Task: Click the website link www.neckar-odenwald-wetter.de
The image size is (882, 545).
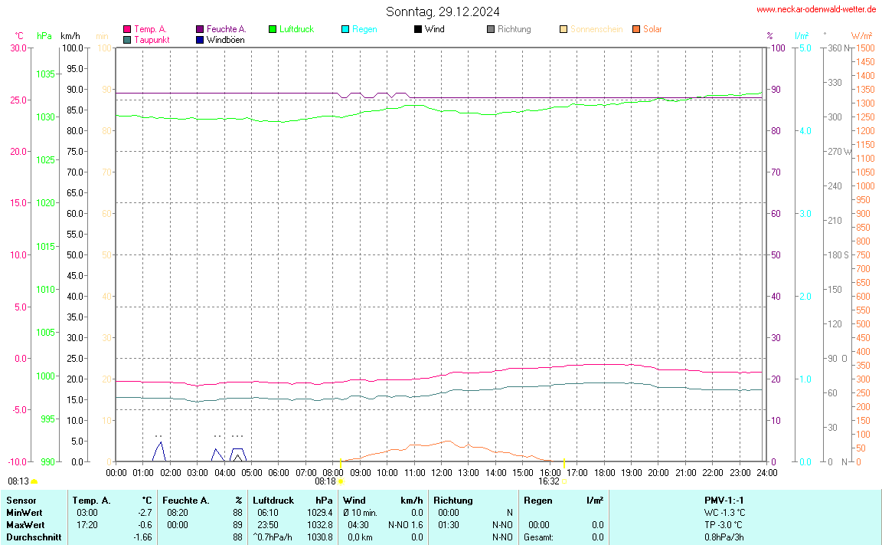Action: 816,9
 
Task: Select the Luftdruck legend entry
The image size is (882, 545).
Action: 296,29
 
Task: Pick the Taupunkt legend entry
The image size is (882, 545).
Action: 151,40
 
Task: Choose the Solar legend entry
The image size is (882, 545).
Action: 652,29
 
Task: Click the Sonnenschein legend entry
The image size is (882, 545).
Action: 596,29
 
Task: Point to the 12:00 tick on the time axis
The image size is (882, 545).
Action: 441,472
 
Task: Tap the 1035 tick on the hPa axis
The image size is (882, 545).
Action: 46,74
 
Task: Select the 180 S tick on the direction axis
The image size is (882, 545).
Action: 840,254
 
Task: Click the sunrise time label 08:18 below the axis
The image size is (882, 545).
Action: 325,481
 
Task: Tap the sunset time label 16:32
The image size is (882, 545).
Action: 548,481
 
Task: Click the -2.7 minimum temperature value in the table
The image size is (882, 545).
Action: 143,513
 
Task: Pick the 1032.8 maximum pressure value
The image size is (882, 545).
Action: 319,525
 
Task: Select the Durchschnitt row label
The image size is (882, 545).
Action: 34,537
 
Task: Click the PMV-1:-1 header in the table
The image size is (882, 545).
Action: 724,501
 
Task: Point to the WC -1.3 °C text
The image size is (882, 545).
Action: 724,513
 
